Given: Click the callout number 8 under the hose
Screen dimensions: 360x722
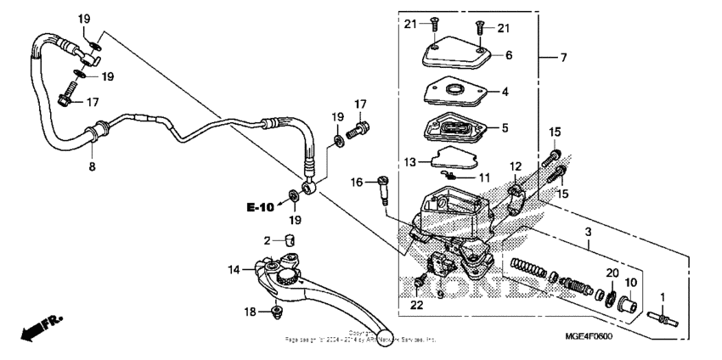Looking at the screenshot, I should (92, 168).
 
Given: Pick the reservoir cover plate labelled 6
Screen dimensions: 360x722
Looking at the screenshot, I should (458, 56).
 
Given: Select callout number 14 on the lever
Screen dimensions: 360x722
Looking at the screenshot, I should (234, 270).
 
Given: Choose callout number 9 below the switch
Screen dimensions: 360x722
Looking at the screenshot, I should (440, 295).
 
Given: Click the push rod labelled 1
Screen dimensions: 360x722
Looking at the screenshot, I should (663, 320).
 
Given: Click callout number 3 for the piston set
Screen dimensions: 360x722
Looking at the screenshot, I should (586, 232).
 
